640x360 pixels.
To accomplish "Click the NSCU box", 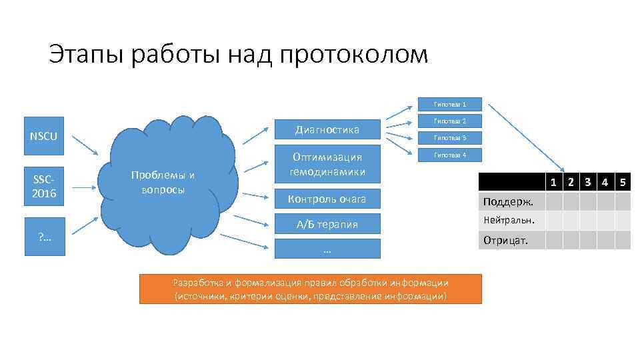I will click(43, 137).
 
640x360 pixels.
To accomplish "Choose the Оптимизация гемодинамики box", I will click(327, 165).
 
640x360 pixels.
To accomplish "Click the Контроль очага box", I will click(327, 199).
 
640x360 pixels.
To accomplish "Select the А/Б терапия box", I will click(327, 224).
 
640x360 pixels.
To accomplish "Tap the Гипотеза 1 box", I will click(449, 105).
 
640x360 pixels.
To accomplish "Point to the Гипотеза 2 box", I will click(449, 121).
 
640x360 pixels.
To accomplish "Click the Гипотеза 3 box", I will click(449, 138).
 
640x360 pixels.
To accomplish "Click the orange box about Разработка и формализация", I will click(310, 289).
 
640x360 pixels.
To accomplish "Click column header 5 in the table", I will click(622, 182).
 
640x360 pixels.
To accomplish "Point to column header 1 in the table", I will click(553, 182).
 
